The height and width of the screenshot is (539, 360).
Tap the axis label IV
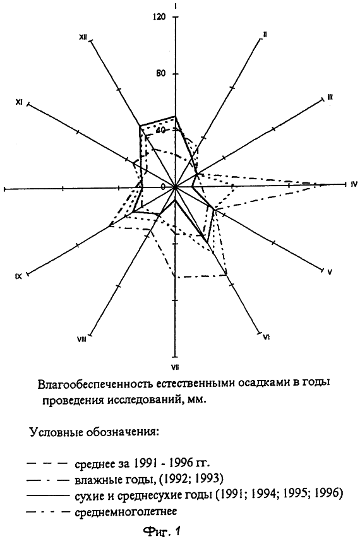354,184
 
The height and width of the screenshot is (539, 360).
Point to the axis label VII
175,367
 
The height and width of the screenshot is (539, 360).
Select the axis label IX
18,276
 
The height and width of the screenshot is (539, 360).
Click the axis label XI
19,102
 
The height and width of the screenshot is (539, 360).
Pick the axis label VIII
81,340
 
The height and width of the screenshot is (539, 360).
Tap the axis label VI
266,337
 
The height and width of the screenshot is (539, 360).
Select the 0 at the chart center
164,187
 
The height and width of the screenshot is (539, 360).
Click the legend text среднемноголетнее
126,512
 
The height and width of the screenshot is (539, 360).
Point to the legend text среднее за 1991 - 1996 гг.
142,463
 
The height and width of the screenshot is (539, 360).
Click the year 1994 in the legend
264,494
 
